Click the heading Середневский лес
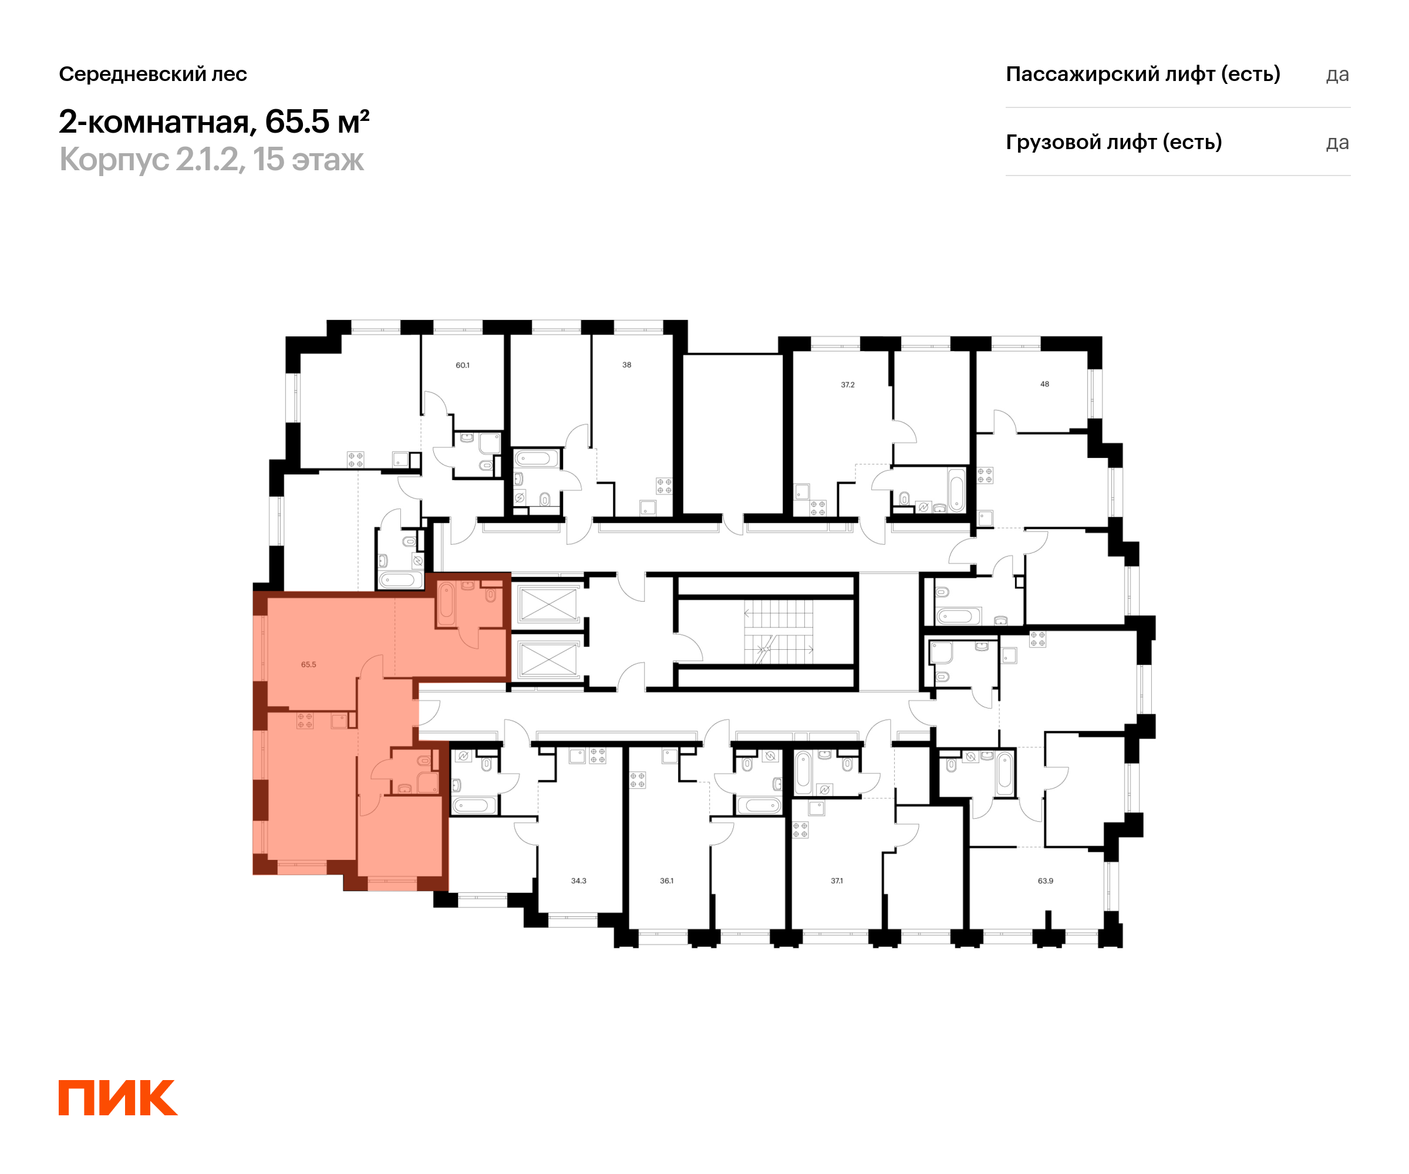(x=153, y=74)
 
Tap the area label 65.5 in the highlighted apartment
(x=308, y=665)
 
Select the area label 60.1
(x=462, y=366)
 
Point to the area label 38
(x=626, y=365)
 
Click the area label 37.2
(x=847, y=385)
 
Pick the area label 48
(x=1044, y=384)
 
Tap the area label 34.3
(x=578, y=881)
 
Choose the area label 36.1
(x=666, y=881)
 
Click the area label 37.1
(x=837, y=881)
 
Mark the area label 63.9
(x=1046, y=881)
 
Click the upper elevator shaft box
(x=548, y=604)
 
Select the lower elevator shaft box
(x=548, y=659)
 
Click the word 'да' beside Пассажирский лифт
(x=1337, y=75)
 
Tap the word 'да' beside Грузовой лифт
(x=1337, y=143)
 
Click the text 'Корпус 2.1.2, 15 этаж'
(x=211, y=160)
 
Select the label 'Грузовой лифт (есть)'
(x=1114, y=142)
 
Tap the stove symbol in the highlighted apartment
(x=305, y=721)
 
